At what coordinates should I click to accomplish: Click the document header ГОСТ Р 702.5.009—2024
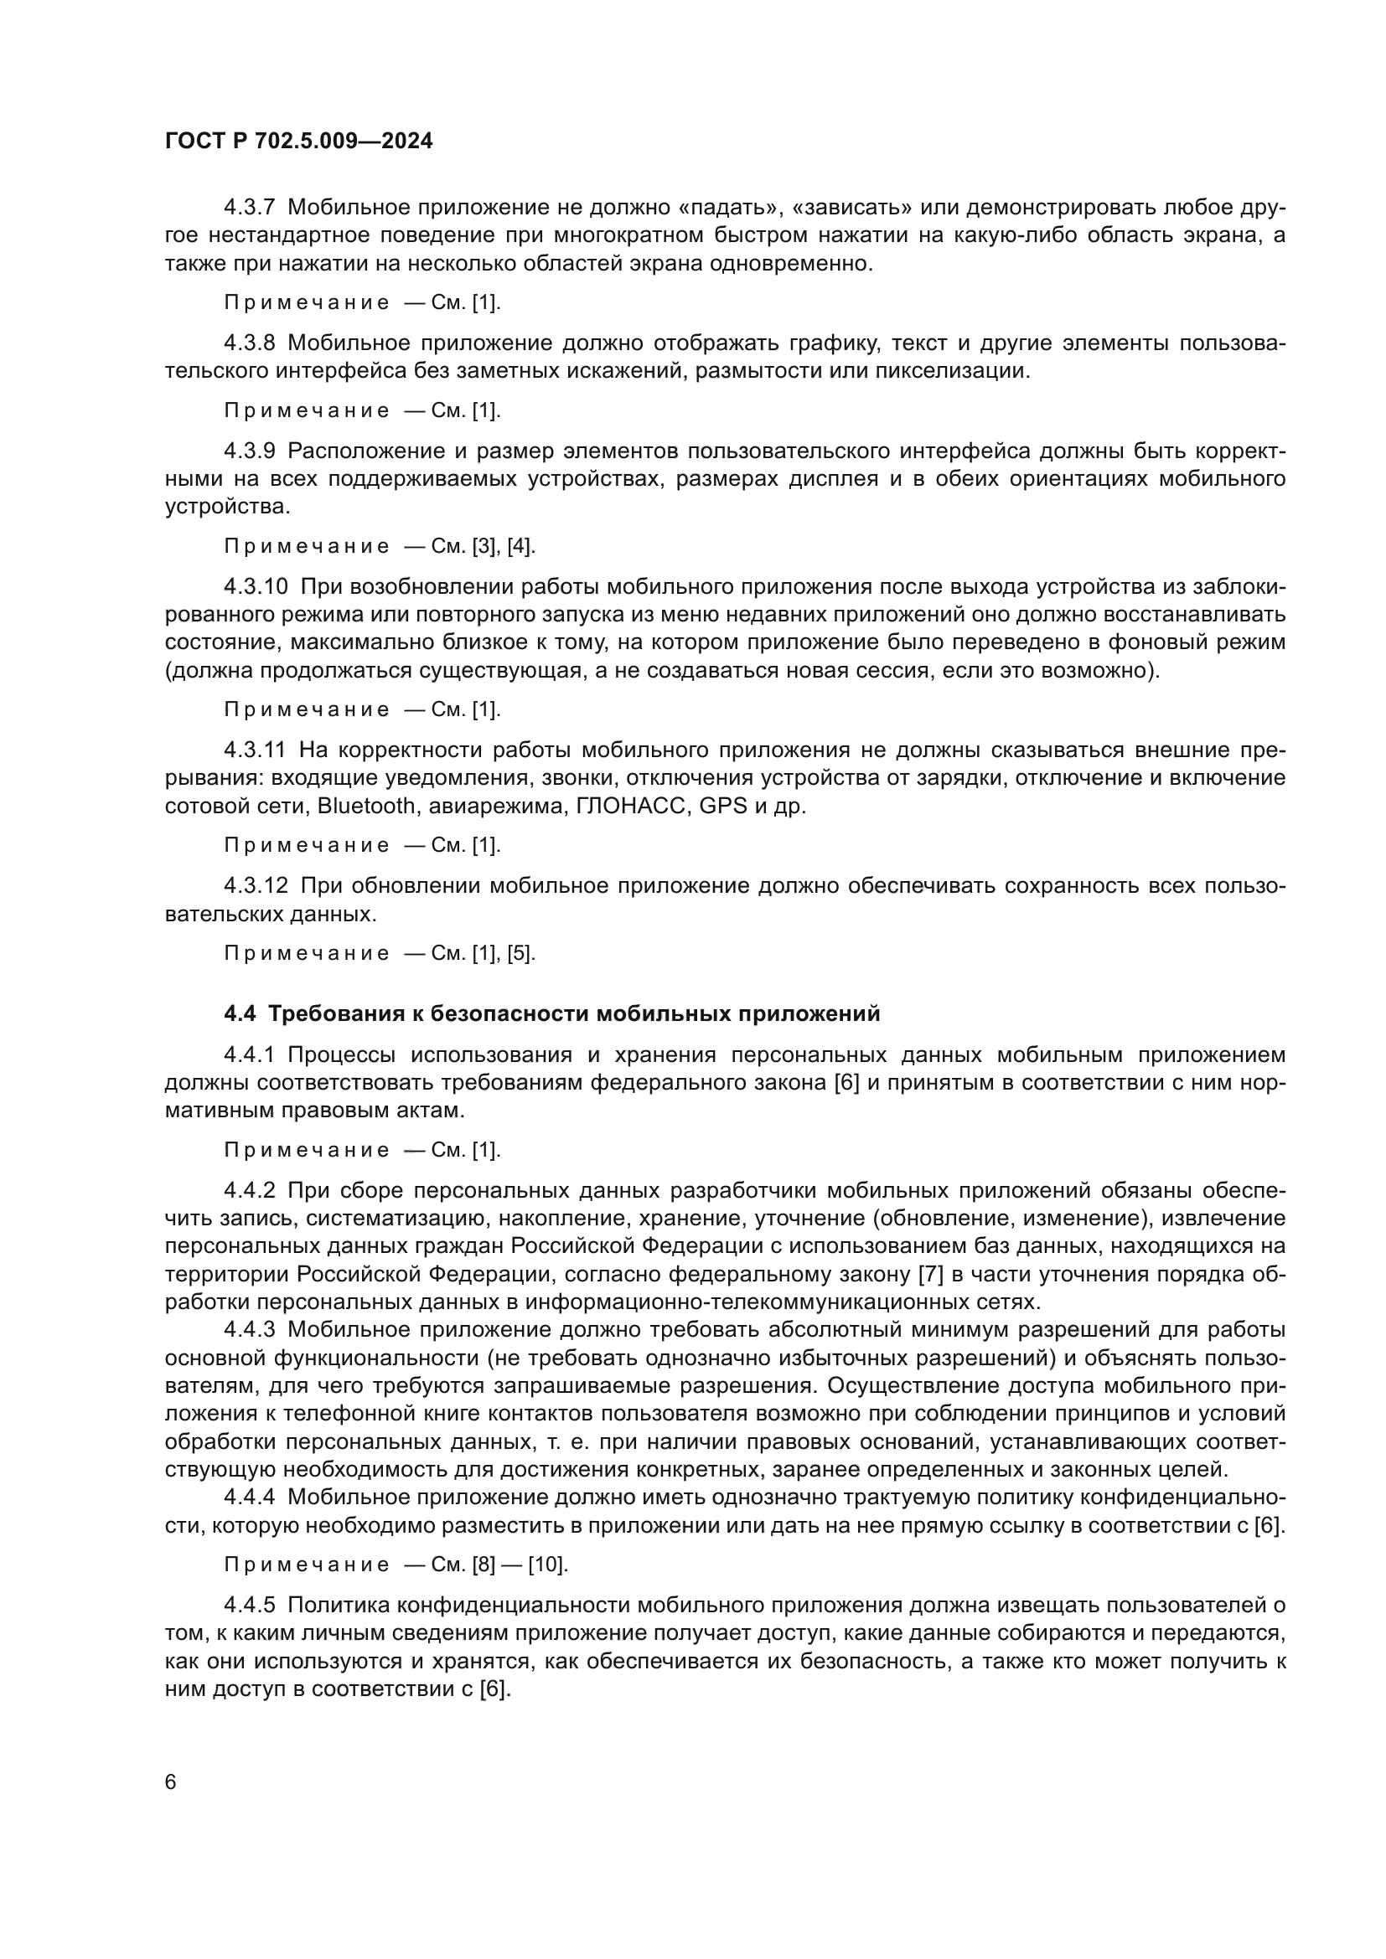[x=298, y=142]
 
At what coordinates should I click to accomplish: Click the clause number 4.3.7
[x=249, y=208]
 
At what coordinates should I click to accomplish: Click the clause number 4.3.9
[x=249, y=451]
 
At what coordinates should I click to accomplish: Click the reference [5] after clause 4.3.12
[x=520, y=953]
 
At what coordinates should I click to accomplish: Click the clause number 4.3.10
[x=256, y=587]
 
